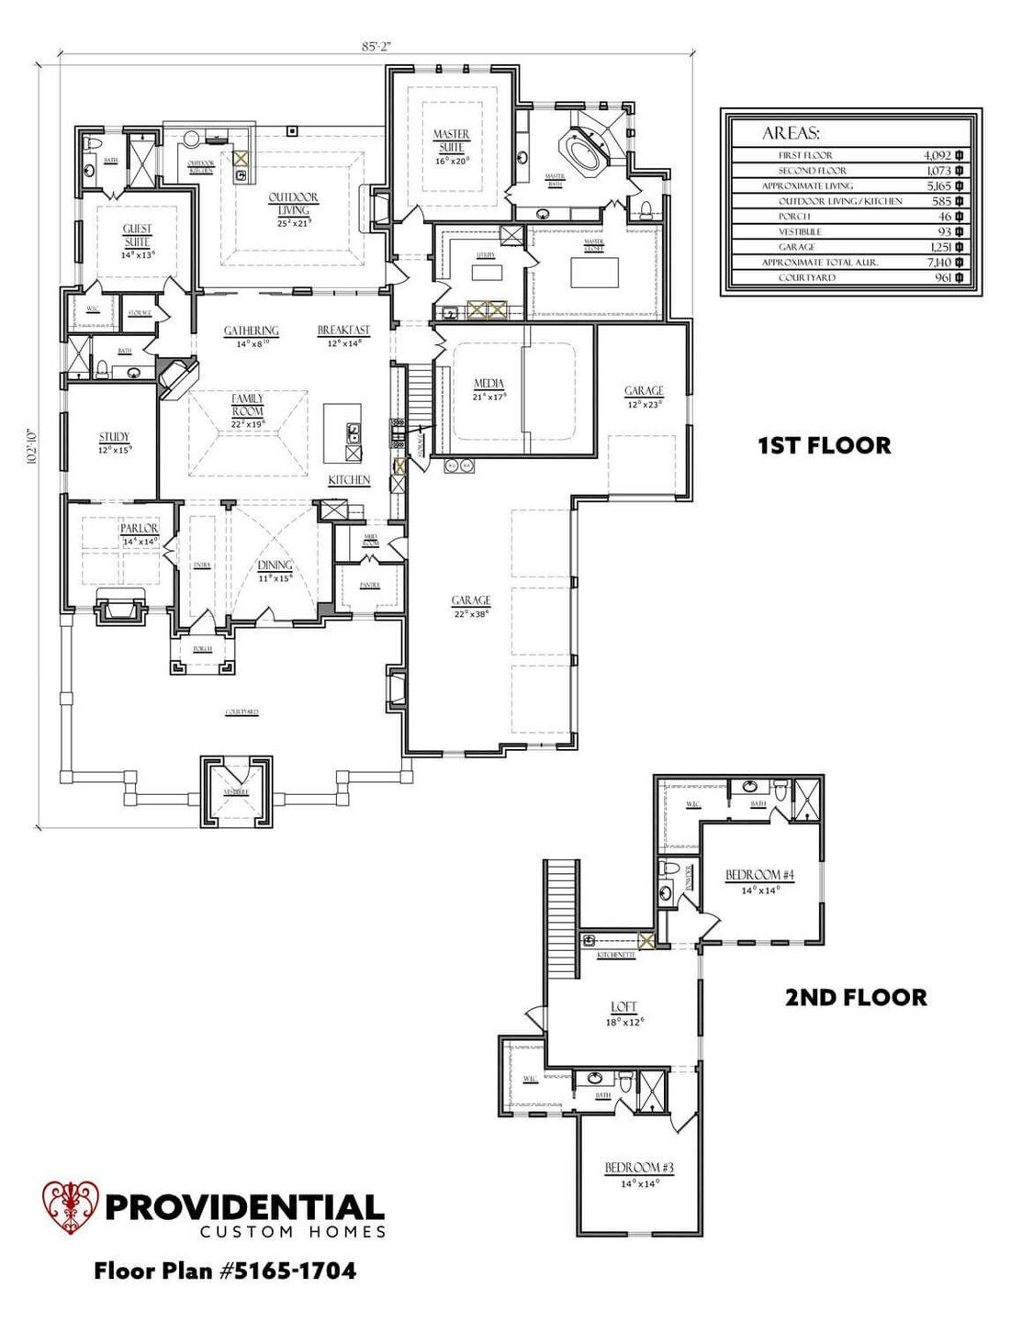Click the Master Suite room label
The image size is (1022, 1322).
point(452,141)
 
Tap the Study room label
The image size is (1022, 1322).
point(115,437)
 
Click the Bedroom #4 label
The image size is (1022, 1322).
point(759,875)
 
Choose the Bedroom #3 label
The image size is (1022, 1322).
point(639,1168)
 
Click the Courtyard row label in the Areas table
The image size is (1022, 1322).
point(807,277)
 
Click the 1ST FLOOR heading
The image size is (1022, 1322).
point(824,446)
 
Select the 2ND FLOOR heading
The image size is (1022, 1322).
point(855,997)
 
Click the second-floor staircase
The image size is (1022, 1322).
point(560,918)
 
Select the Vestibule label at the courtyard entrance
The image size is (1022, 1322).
point(236,791)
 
